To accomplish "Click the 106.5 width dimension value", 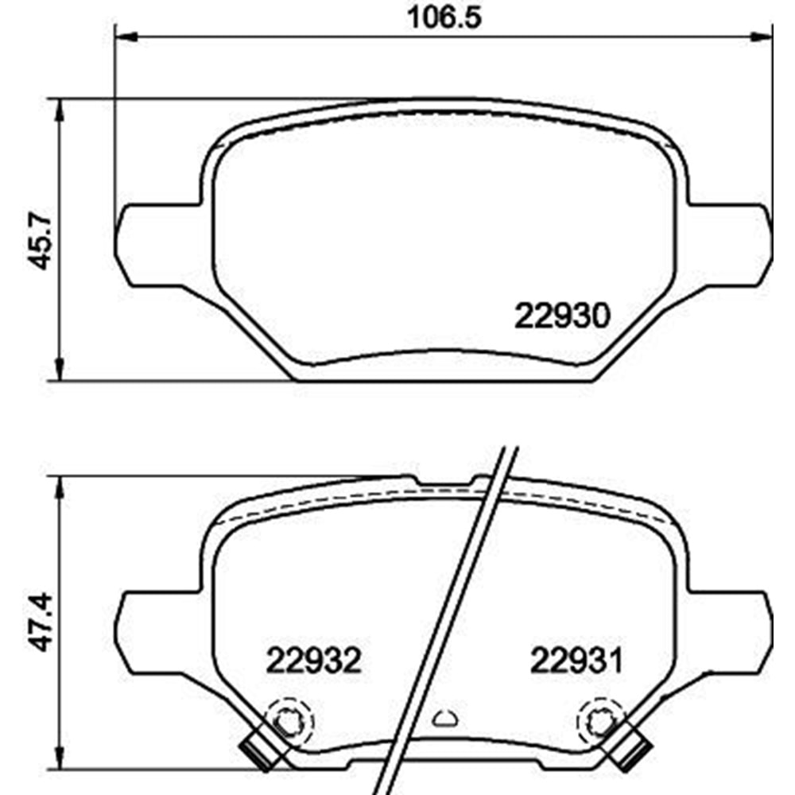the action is pyautogui.click(x=444, y=17).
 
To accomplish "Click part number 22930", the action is pyautogui.click(x=562, y=316).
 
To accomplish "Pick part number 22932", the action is pyautogui.click(x=314, y=660).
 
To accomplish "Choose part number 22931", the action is pyautogui.click(x=576, y=660).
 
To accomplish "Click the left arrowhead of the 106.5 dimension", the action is pyautogui.click(x=126, y=37).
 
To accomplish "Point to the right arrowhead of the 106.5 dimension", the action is pyautogui.click(x=761, y=37).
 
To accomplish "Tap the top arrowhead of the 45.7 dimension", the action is pyautogui.click(x=60, y=110).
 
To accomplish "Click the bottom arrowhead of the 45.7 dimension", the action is pyautogui.click(x=60, y=369).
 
